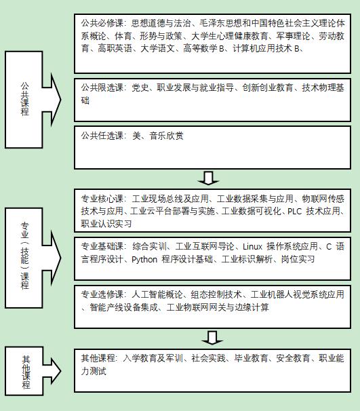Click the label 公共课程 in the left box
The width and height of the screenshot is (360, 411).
click(x=25, y=99)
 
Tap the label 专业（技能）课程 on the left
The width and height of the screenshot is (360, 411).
click(x=25, y=256)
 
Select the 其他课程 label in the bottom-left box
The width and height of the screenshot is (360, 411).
click(x=26, y=372)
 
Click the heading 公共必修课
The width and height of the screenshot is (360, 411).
click(x=102, y=23)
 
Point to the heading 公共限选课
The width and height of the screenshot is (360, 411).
click(x=102, y=87)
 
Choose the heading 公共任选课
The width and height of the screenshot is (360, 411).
click(x=102, y=136)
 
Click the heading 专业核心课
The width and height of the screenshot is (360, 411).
click(x=102, y=199)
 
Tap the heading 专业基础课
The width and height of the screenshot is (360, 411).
click(x=102, y=246)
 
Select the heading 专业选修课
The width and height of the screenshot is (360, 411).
click(x=102, y=294)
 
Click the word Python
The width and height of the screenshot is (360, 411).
click(x=144, y=260)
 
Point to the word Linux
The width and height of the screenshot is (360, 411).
click(x=252, y=247)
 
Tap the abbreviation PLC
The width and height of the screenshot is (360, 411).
click(x=295, y=212)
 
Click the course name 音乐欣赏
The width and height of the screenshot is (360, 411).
click(x=166, y=136)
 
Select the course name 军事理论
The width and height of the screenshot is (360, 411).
click(x=293, y=36)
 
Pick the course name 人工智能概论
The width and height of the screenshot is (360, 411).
click(x=157, y=294)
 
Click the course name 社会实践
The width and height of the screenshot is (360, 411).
click(x=208, y=358)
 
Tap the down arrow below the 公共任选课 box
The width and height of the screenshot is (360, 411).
click(x=209, y=178)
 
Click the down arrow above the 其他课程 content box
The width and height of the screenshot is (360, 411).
click(x=212, y=338)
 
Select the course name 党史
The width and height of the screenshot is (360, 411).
click(x=140, y=87)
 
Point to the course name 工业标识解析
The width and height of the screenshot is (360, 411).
click(x=247, y=260)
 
